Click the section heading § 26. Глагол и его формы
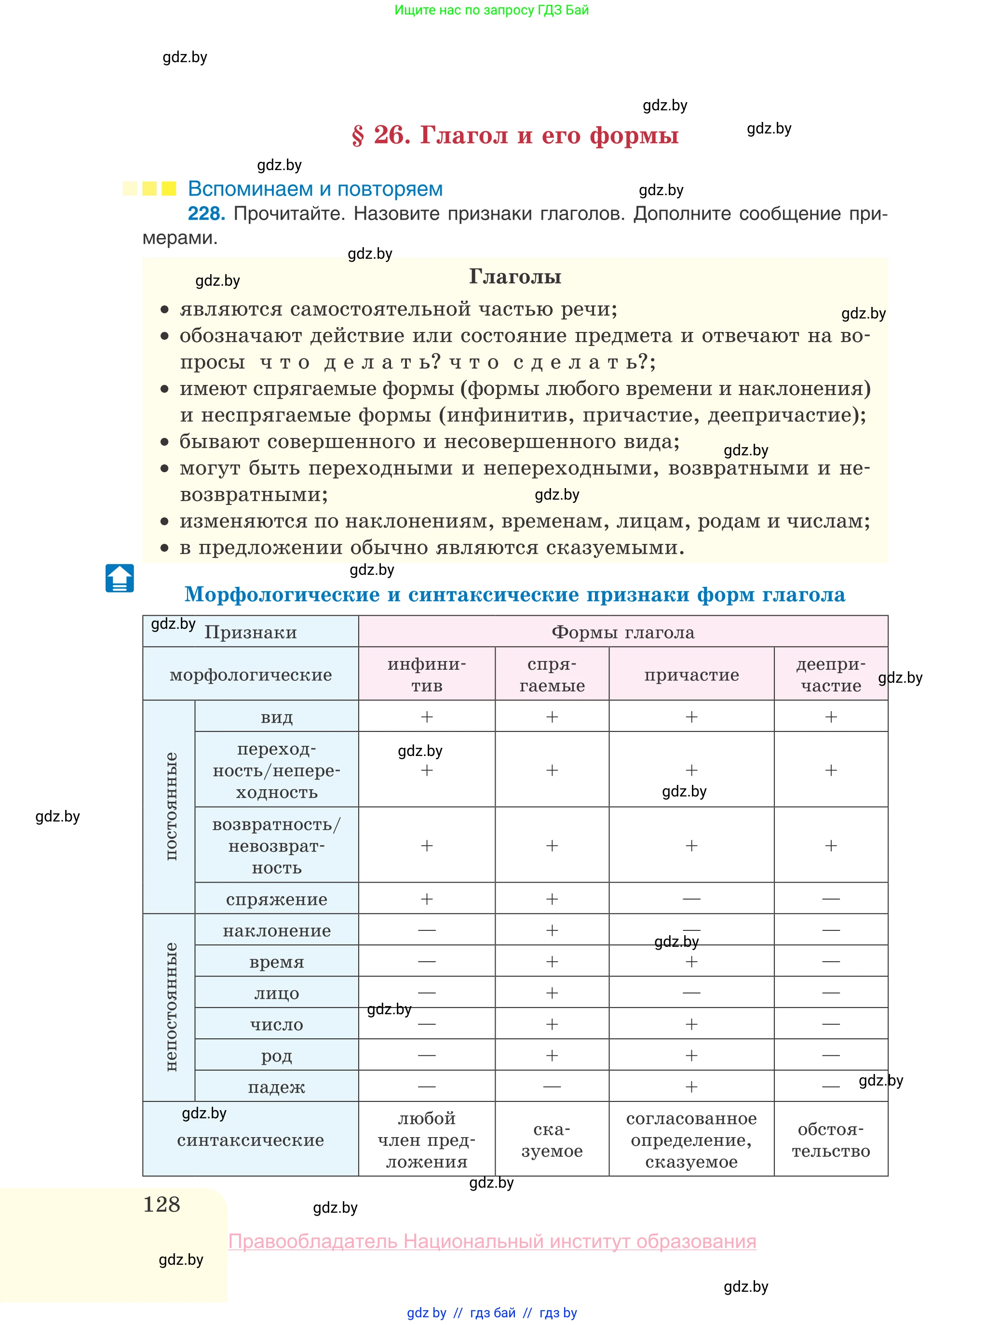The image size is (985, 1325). click(514, 135)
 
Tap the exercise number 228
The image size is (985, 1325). click(206, 213)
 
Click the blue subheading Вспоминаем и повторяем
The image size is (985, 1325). click(315, 189)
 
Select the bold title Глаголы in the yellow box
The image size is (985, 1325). click(514, 277)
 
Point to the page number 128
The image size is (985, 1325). click(162, 1204)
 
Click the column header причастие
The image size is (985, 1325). click(691, 675)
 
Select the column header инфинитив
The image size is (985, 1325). click(426, 675)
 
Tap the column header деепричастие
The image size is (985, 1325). click(831, 675)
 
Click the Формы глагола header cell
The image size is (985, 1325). click(622, 632)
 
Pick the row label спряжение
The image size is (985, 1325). click(277, 899)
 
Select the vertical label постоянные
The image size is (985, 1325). click(171, 806)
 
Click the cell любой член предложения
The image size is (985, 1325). click(426, 1139)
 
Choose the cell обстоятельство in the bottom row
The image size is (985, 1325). click(831, 1139)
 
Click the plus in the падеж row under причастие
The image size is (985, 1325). click(691, 1086)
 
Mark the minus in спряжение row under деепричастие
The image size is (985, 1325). click(831, 899)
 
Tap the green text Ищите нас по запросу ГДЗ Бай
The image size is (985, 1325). click(491, 10)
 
